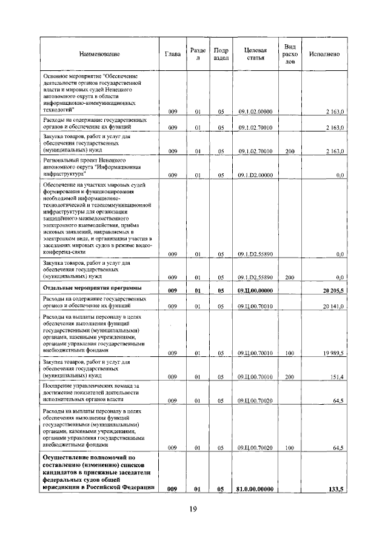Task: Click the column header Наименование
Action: pos(99,55)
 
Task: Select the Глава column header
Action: pos(173,55)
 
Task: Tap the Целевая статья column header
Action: pos(255,54)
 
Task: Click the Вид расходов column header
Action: pos(290,54)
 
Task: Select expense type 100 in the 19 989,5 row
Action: pos(289,352)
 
